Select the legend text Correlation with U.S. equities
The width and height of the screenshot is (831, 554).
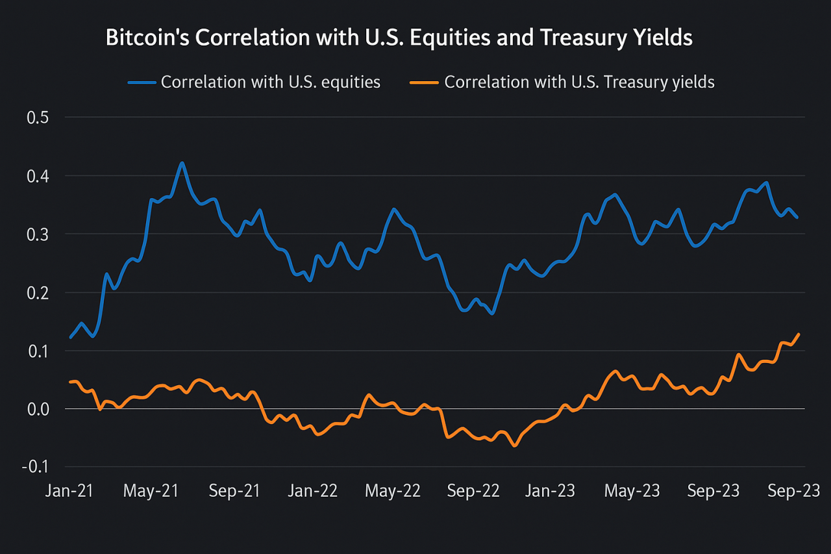click(271, 82)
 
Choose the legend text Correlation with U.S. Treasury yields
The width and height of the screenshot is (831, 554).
click(579, 82)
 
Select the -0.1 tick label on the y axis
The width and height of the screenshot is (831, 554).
click(32, 467)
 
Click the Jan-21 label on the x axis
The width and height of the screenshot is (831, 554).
click(69, 491)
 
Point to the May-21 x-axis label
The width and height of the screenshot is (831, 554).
click(151, 491)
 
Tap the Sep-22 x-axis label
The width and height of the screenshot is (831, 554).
click(473, 491)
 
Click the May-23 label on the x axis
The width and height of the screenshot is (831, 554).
click(632, 491)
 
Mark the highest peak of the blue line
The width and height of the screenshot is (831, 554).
click(182, 163)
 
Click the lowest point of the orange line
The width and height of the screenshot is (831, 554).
click(515, 446)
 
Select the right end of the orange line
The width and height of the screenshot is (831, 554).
click(799, 334)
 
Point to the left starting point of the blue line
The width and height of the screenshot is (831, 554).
click(71, 337)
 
